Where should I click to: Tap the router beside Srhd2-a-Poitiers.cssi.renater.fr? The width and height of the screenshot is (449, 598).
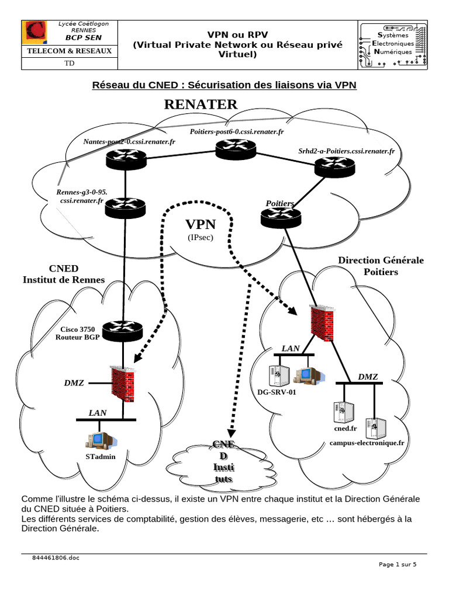[x=334, y=168]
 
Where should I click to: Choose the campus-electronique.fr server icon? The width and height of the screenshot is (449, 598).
[x=372, y=429]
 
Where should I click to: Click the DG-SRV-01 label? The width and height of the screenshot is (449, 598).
[x=277, y=392]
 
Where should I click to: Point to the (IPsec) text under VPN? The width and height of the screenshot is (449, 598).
[x=201, y=238]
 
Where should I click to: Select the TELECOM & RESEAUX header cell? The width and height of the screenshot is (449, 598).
[x=65, y=51]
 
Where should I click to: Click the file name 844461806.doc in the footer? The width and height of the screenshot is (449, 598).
[x=56, y=558]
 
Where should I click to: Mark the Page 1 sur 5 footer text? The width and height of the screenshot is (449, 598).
[x=398, y=565]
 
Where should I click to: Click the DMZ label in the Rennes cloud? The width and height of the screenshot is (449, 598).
[x=74, y=383]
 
